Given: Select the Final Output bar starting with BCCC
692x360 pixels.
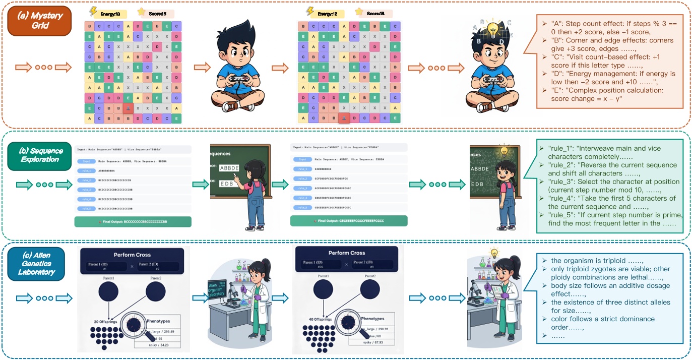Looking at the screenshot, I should (x=133, y=221).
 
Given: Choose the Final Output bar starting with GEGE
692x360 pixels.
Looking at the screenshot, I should (x=348, y=221).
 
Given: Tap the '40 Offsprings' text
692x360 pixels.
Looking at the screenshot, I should (x=319, y=318).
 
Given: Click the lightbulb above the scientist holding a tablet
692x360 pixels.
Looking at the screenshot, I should (x=493, y=253).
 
